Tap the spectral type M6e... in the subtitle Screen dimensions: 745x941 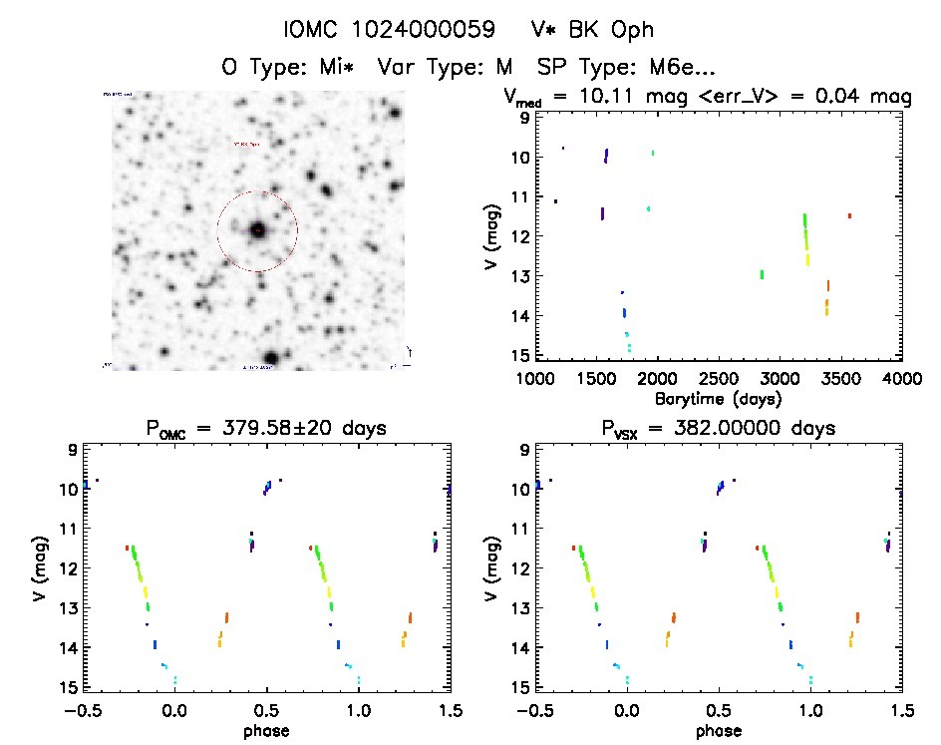click(x=678, y=68)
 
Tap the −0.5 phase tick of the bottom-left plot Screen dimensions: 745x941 click(x=85, y=709)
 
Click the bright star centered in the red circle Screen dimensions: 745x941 click(x=257, y=230)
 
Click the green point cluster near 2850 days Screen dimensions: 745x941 click(x=762, y=274)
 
